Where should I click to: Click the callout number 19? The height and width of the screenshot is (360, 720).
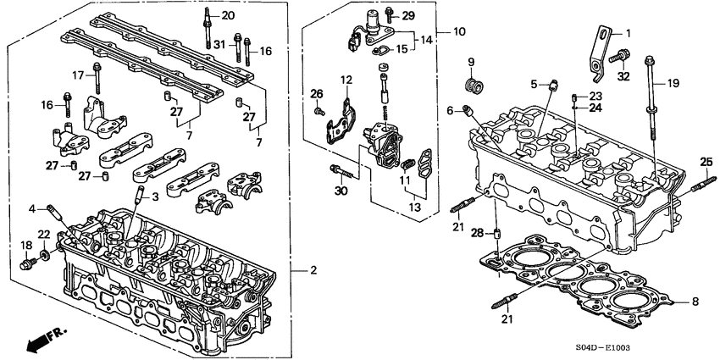674,83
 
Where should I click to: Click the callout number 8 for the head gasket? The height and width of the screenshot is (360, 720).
695,301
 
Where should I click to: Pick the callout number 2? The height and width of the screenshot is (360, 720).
313,270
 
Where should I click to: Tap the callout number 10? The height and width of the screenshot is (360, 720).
458,32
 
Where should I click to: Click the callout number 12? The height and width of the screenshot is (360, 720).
346,79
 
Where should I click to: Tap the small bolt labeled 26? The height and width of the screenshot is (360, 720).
320,110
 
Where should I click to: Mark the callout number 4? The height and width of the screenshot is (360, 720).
32,208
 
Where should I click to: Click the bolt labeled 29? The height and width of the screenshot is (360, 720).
389,14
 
